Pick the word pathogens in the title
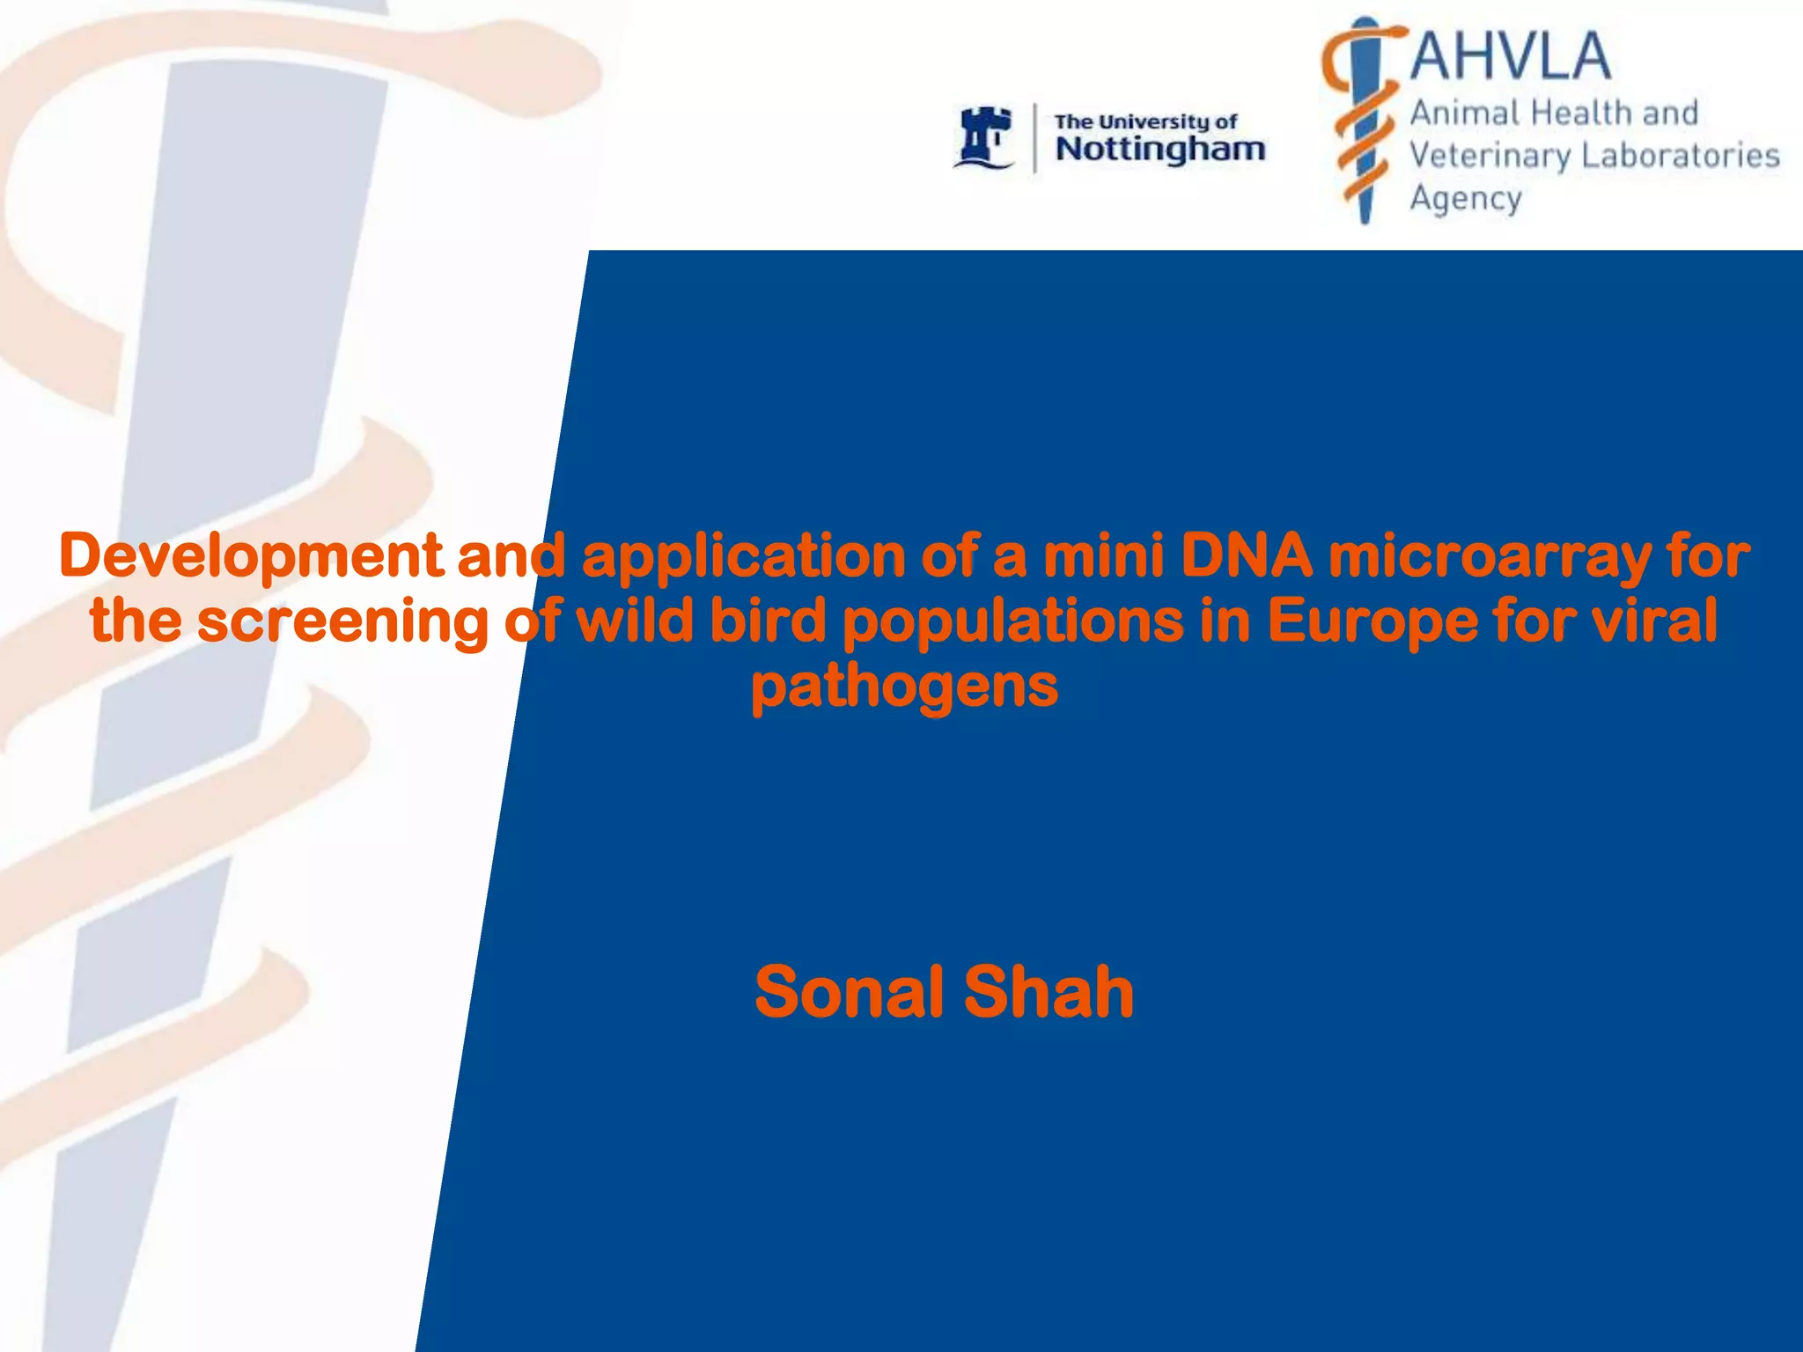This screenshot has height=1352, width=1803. [x=904, y=688]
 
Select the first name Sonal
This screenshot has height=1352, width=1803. [x=849, y=992]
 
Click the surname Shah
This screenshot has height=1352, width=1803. [x=1049, y=992]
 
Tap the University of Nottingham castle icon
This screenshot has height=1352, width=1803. [x=983, y=137]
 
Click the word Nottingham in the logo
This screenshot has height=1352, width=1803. [x=1160, y=150]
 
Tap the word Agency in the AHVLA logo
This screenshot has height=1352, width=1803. [x=1466, y=200]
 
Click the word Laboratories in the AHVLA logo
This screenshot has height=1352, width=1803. [x=1681, y=156]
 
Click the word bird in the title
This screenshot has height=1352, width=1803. [x=768, y=621]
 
